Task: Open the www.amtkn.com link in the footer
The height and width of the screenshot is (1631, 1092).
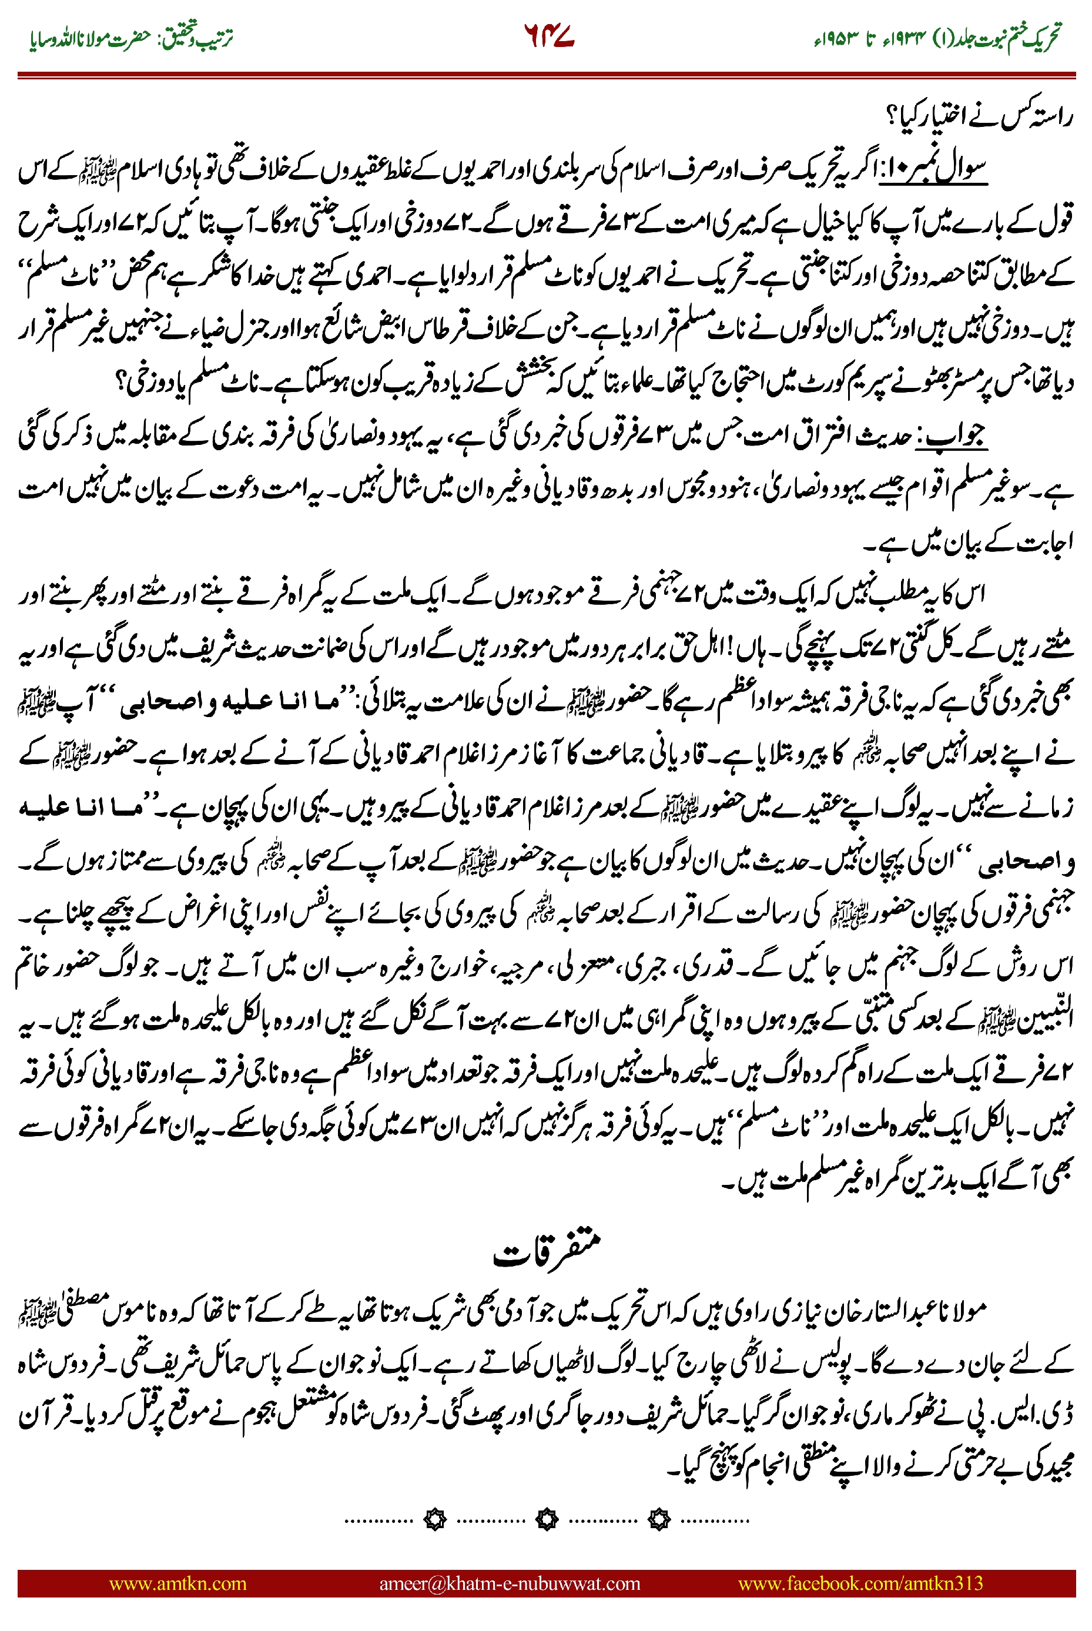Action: point(177,1583)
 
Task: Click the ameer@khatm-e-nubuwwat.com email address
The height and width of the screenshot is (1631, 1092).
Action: point(509,1583)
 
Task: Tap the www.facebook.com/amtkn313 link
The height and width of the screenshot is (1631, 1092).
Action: point(860,1583)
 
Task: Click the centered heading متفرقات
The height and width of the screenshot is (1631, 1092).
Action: point(547,1251)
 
